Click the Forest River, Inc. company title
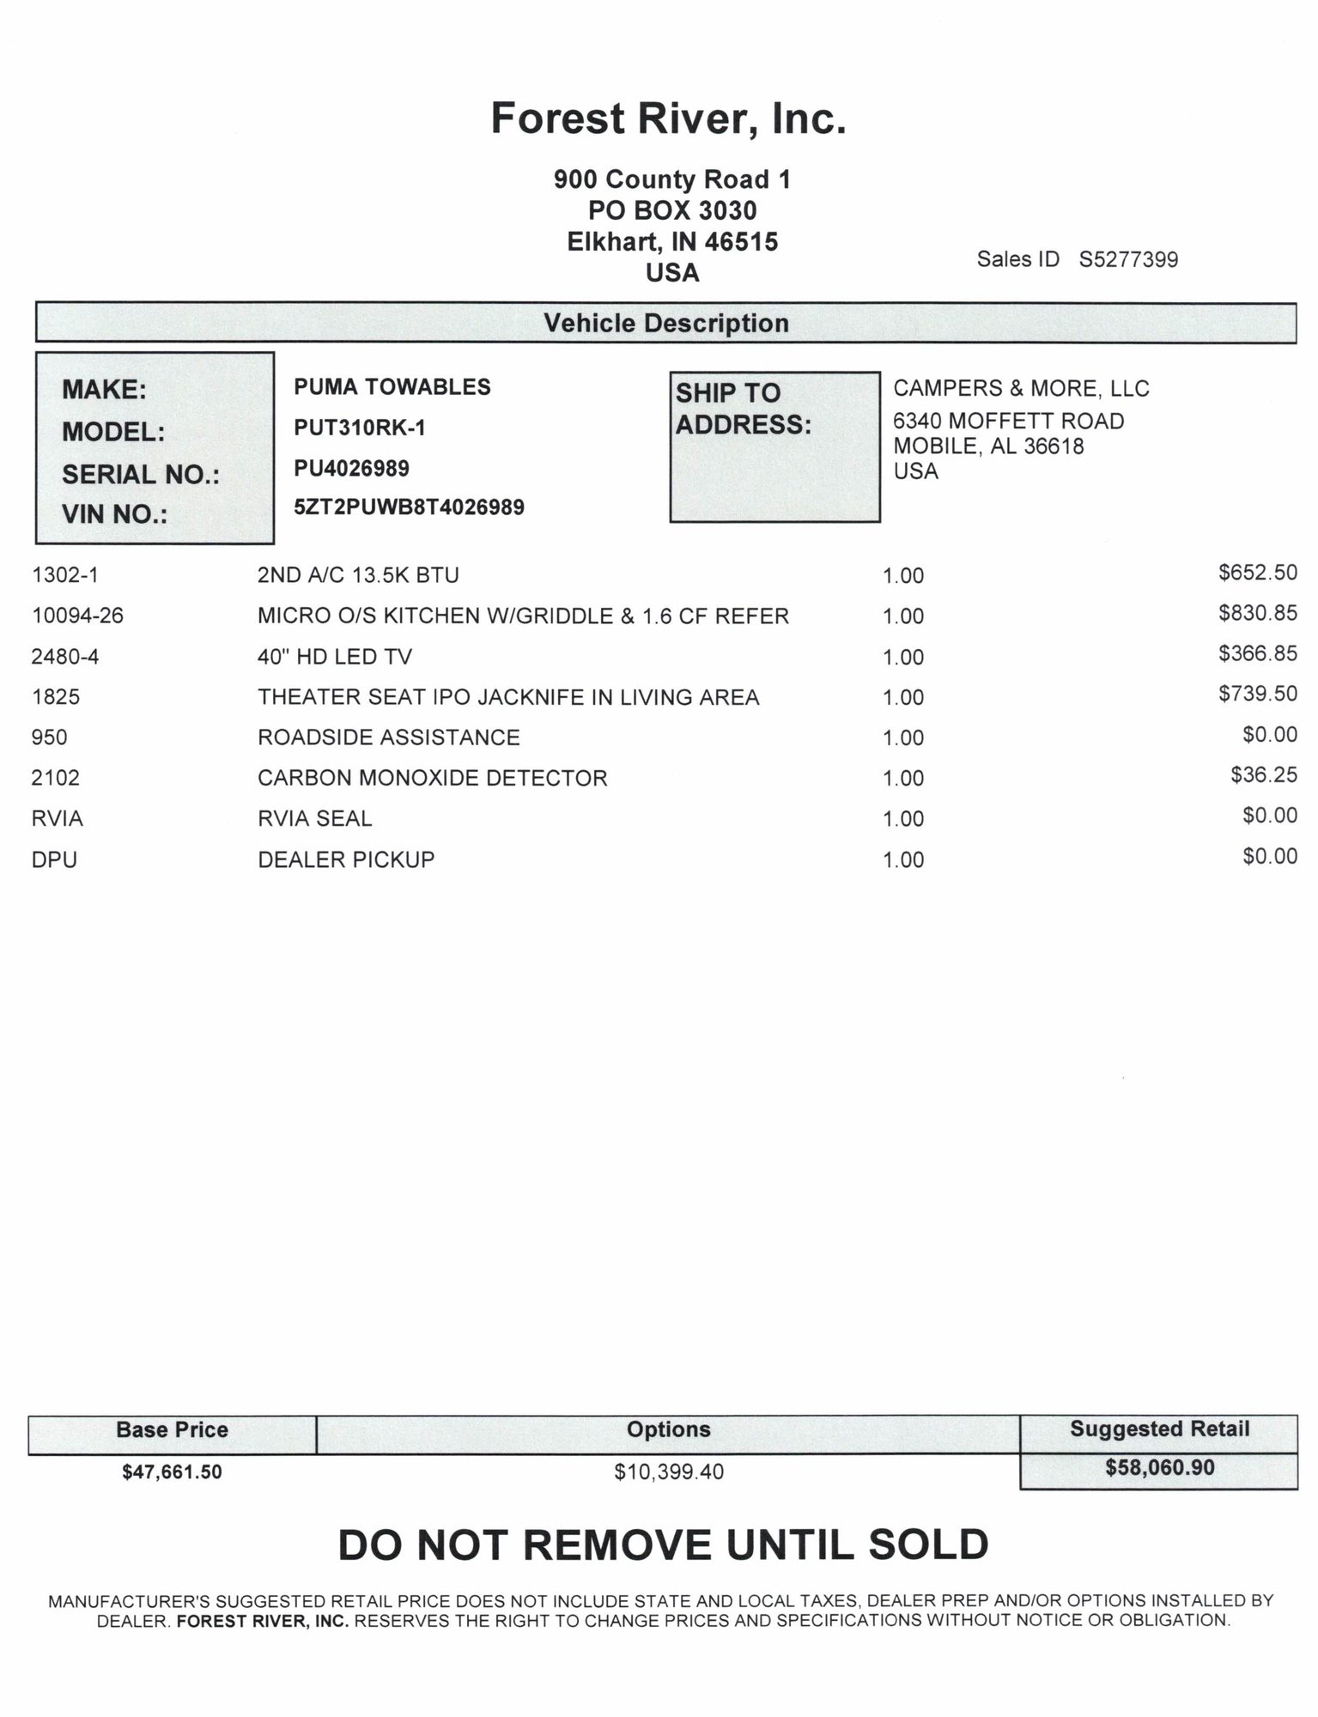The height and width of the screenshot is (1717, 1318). (x=668, y=118)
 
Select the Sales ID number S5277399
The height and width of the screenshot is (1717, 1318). (x=1128, y=259)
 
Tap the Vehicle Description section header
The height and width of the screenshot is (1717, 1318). (x=666, y=324)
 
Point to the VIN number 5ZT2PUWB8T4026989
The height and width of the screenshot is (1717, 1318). (x=409, y=507)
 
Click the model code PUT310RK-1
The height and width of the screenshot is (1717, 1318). (x=360, y=428)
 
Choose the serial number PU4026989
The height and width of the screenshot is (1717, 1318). (x=351, y=469)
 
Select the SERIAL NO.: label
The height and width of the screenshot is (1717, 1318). (x=141, y=474)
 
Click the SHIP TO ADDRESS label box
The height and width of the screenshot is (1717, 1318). (x=774, y=446)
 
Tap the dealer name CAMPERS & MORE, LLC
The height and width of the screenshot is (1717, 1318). (x=1021, y=389)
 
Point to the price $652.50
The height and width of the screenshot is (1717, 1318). (x=1257, y=573)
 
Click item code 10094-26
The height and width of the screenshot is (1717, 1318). (x=77, y=616)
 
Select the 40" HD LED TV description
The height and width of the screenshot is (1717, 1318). (x=335, y=657)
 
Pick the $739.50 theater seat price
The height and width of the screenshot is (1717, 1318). (x=1257, y=694)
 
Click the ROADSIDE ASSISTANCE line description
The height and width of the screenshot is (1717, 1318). (x=389, y=737)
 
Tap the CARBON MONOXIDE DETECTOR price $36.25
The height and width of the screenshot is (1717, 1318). (x=1263, y=775)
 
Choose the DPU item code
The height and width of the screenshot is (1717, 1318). (x=54, y=859)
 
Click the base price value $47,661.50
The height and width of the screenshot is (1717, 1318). (x=172, y=1472)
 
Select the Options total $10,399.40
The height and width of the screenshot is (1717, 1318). (x=669, y=1472)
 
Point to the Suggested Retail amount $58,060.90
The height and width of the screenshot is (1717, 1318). (x=1159, y=1468)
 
